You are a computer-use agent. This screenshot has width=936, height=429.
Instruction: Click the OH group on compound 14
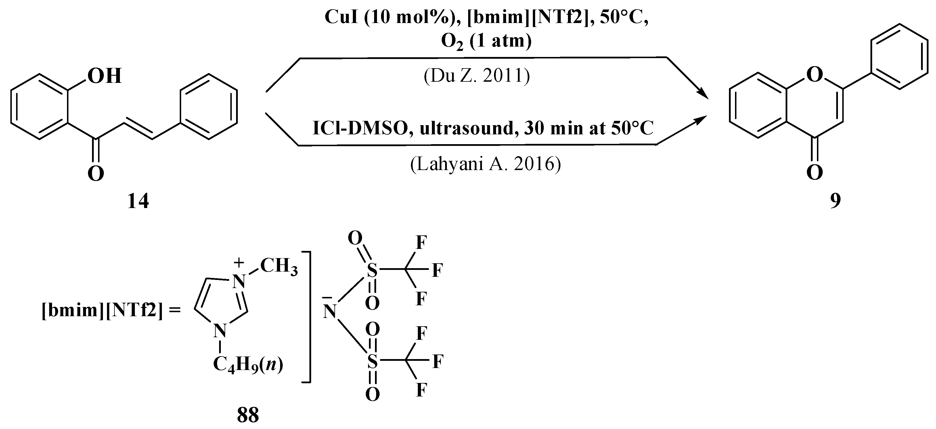[x=104, y=76]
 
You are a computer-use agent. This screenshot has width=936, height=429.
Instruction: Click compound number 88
[x=248, y=415]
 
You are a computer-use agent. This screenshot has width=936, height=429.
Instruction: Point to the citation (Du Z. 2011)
[x=477, y=76]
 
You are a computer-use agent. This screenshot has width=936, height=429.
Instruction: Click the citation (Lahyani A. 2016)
[x=485, y=164]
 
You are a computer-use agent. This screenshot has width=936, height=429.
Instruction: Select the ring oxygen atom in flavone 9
[x=814, y=76]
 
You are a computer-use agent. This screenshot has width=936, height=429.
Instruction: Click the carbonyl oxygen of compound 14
[x=95, y=174]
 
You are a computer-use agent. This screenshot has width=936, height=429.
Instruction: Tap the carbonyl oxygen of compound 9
[x=814, y=173]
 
